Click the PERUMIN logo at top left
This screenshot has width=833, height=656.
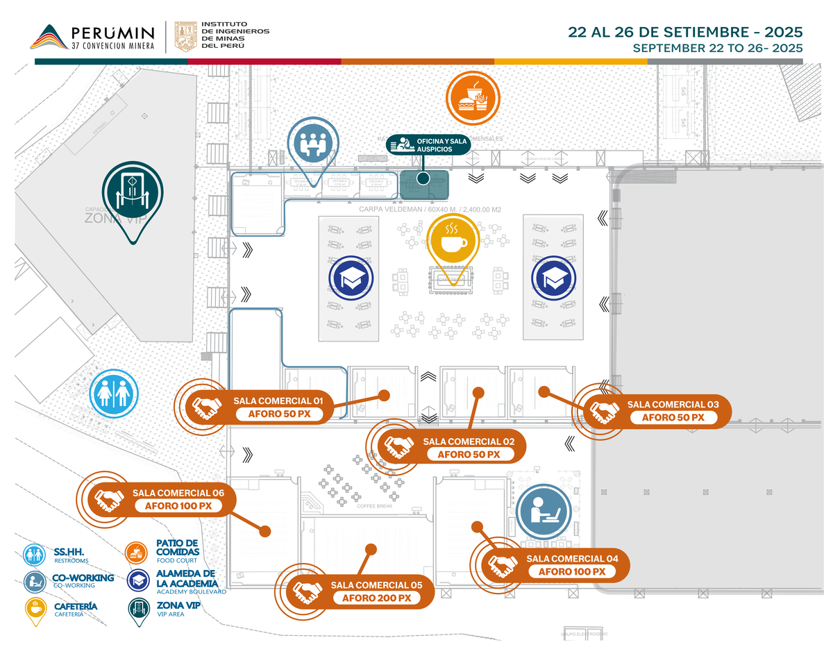point(93,37)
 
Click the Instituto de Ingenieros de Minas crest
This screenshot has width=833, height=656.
point(185,36)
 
